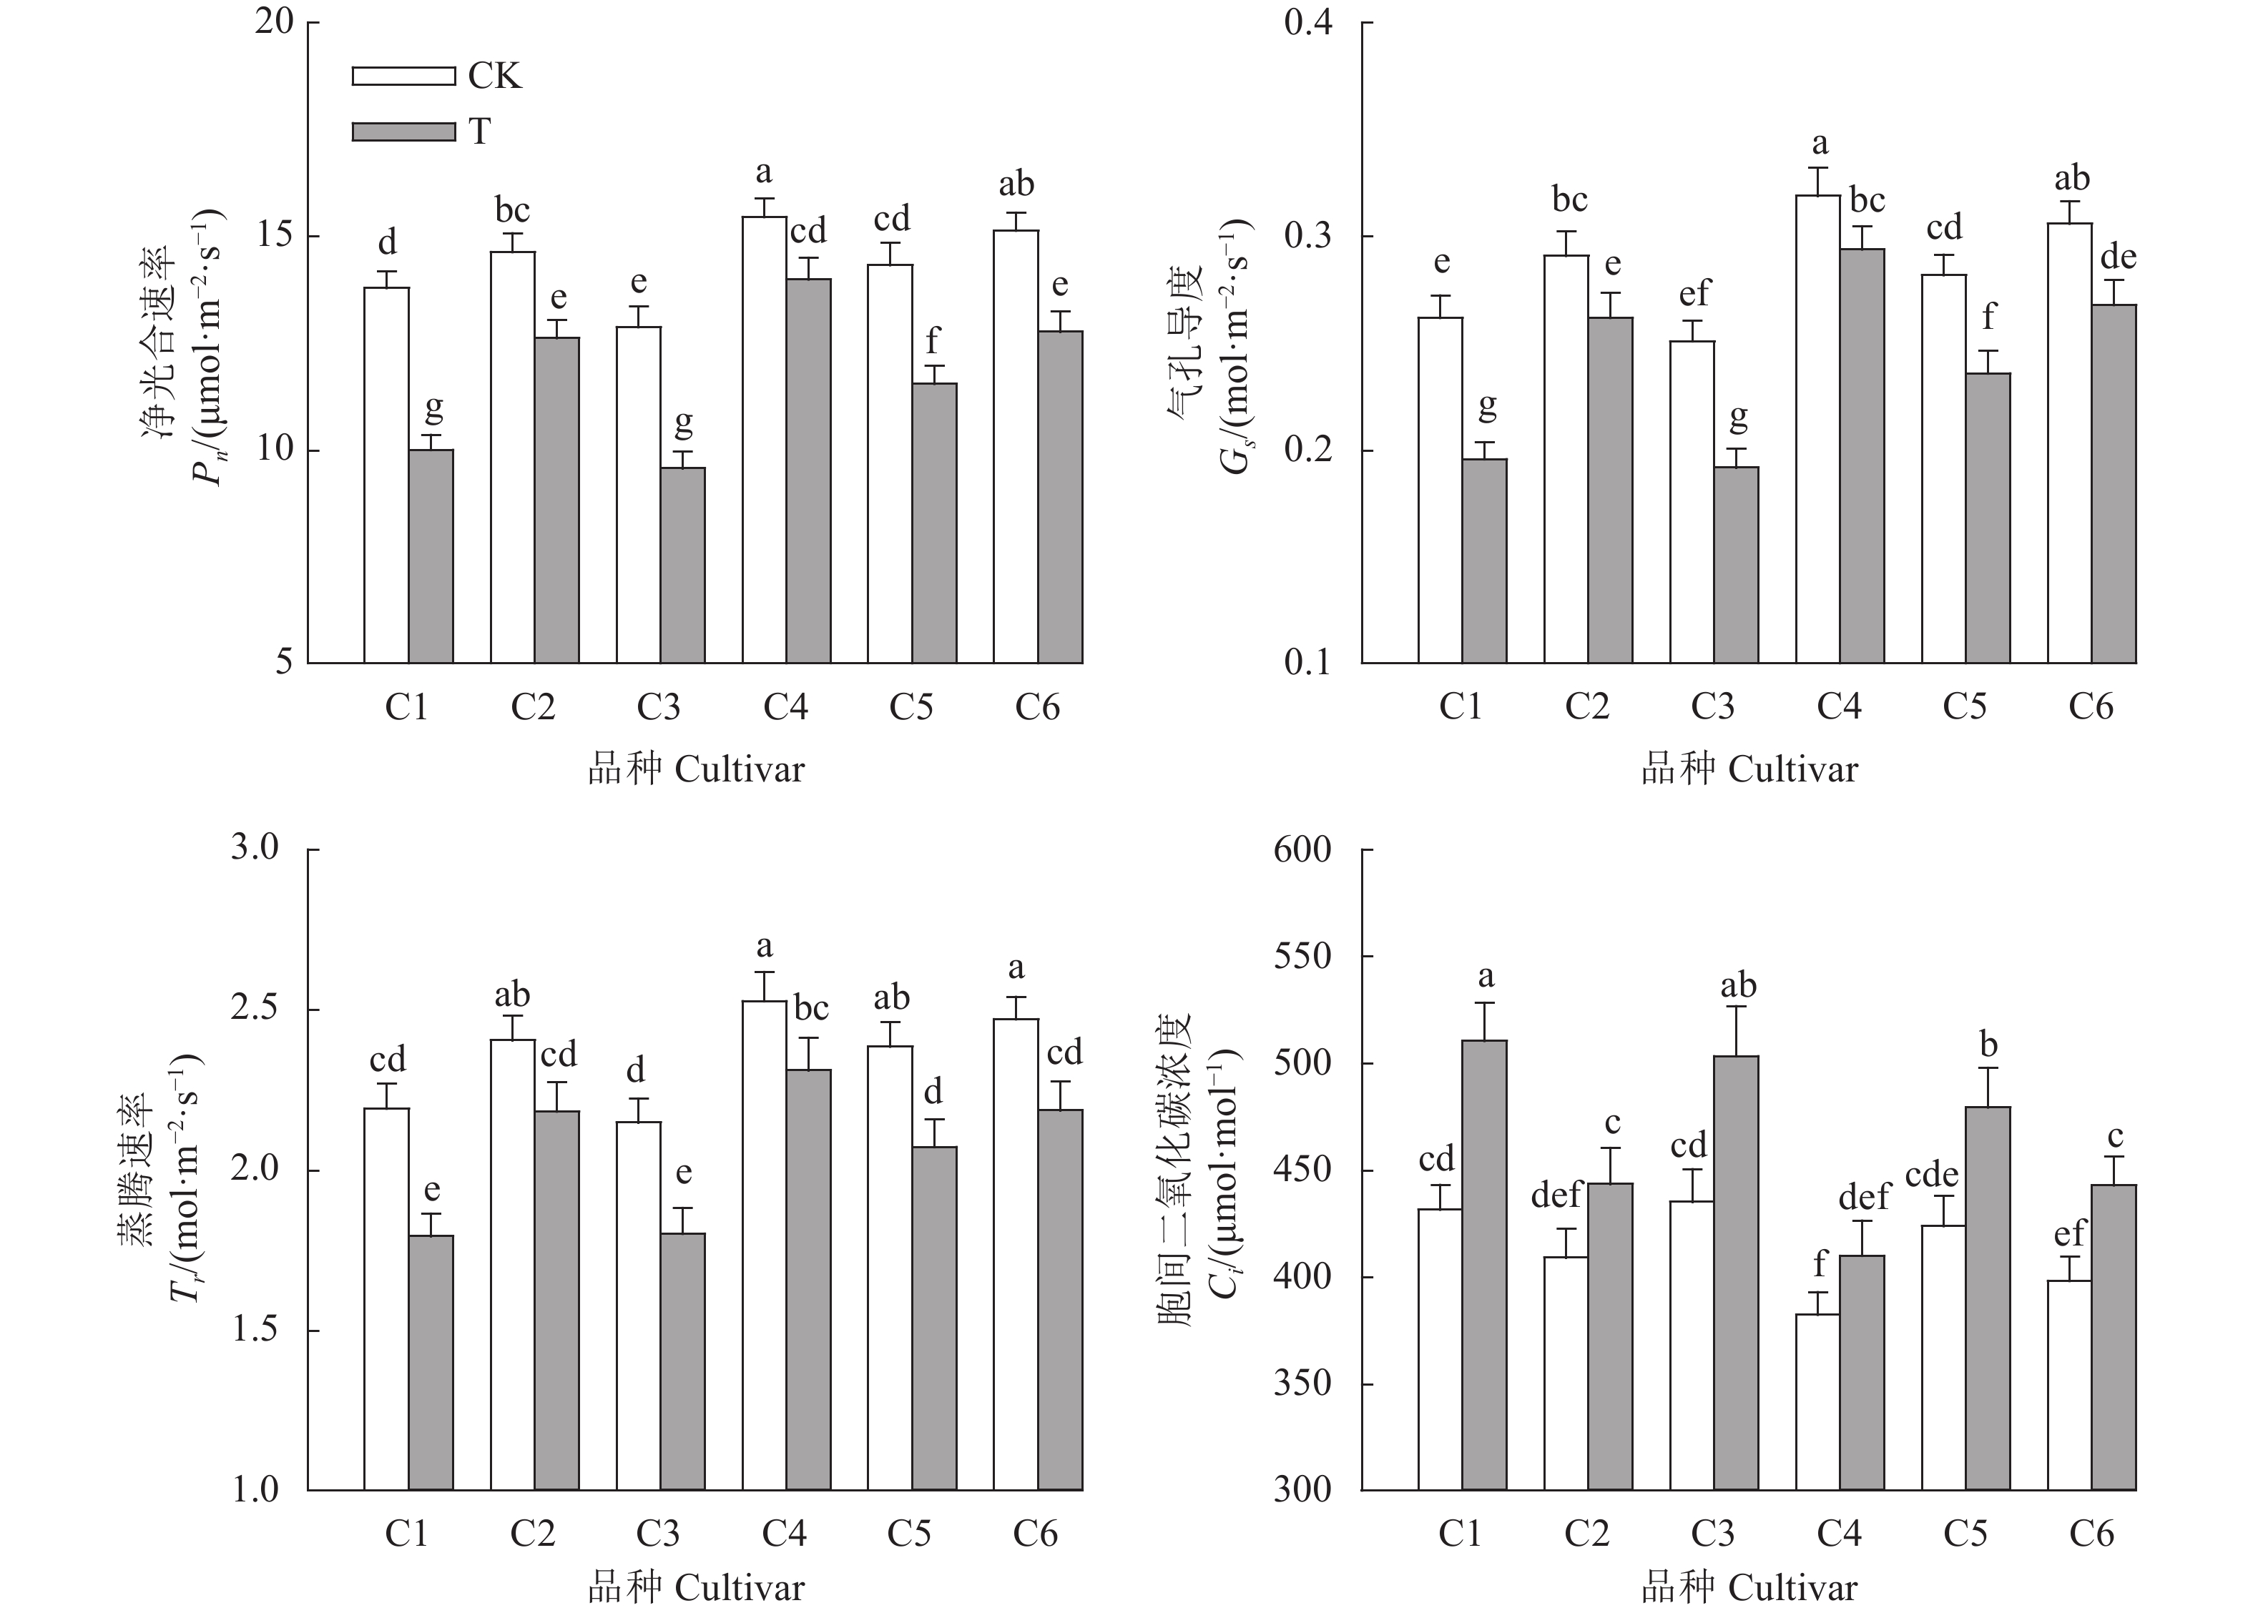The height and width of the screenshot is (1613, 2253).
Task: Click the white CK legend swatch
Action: point(403,76)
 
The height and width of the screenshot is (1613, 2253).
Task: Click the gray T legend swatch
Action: point(403,130)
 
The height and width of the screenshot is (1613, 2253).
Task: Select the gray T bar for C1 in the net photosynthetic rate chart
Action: point(431,556)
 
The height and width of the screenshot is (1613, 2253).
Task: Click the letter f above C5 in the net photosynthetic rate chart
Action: point(932,340)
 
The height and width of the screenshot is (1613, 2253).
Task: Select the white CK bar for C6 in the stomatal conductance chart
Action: point(2069,442)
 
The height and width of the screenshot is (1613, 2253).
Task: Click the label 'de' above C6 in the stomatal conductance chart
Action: point(2118,257)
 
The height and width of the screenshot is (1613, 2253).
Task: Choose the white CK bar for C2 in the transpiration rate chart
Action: point(513,1264)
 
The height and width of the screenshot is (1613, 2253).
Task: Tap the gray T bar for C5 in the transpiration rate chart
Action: point(935,1318)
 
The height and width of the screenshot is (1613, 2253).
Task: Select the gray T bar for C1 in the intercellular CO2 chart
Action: point(1484,1264)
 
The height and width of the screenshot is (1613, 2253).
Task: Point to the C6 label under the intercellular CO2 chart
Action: point(2091,1534)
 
